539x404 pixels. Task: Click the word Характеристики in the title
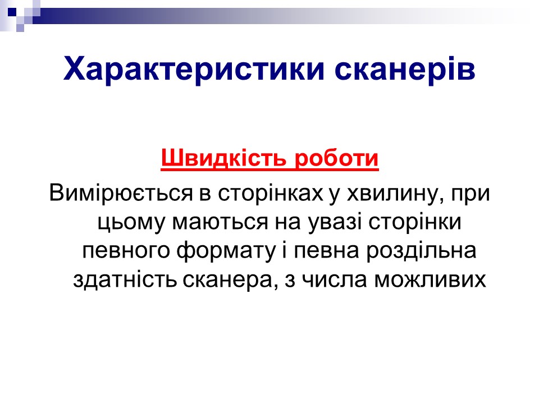click(194, 70)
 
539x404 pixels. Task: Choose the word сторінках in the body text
click(271, 194)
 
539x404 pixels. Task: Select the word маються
click(220, 222)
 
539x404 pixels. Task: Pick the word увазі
click(335, 223)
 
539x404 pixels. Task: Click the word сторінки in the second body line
click(415, 223)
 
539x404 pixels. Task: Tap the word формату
click(226, 251)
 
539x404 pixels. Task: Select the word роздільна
click(421, 251)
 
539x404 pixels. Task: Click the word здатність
click(125, 280)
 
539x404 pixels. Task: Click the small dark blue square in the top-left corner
click(12, 13)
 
